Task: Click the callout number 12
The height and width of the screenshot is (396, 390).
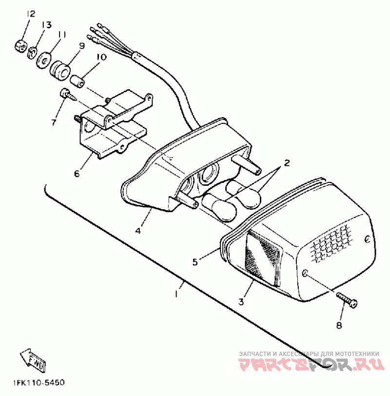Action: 30,14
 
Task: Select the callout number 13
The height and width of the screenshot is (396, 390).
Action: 46,25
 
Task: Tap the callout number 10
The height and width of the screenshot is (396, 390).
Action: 101,57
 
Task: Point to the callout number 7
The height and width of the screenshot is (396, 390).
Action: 54,122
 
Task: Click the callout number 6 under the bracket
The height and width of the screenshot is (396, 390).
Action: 77,174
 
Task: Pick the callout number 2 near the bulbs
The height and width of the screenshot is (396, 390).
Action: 287,163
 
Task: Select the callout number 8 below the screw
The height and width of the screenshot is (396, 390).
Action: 339,326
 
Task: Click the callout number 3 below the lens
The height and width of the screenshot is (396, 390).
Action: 241,301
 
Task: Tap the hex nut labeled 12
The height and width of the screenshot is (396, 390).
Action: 20,46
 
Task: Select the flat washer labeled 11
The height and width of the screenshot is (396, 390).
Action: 43,60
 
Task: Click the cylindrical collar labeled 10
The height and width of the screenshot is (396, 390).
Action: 77,80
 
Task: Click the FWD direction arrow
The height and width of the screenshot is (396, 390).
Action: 33,360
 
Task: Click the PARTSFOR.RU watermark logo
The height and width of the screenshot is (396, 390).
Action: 312,364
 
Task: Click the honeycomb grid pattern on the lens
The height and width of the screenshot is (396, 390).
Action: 331,242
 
